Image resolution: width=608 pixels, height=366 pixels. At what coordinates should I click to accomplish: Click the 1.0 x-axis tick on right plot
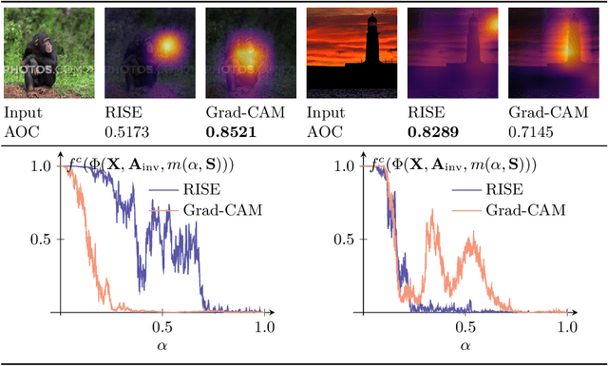tap(566, 326)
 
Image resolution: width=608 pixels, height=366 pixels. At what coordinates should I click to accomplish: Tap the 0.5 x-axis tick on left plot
tap(162, 326)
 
